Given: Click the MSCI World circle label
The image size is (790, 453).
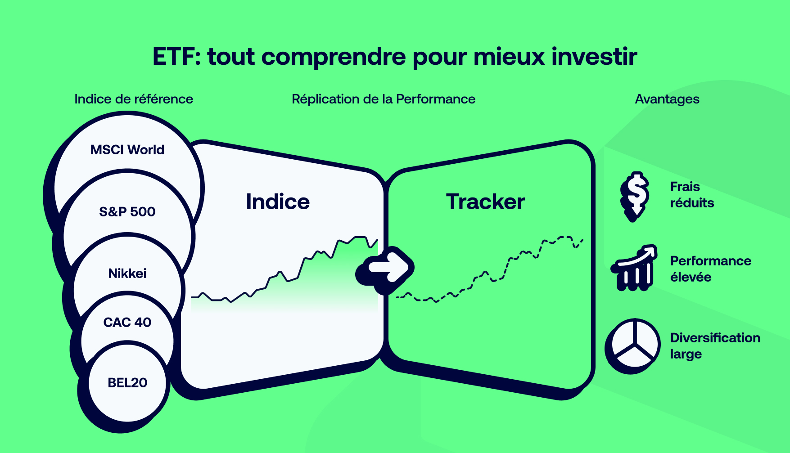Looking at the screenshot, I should (x=127, y=150).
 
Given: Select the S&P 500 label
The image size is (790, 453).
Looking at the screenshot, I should (x=127, y=211).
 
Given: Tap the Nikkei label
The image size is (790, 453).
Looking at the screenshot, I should (x=127, y=273).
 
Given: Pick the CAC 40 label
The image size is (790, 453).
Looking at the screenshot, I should (x=127, y=322).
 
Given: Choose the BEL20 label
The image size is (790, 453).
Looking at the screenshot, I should (x=127, y=382).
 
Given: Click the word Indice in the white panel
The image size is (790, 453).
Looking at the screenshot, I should (x=278, y=202).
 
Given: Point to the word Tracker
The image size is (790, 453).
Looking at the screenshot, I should (x=485, y=202).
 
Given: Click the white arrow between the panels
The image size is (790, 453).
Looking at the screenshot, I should (x=388, y=268).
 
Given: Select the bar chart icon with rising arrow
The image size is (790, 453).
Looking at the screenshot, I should (x=634, y=268).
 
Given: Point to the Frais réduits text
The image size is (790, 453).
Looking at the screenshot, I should (x=692, y=195).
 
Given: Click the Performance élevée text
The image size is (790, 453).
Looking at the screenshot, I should (x=710, y=269).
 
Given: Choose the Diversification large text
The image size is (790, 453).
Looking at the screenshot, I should (x=715, y=345).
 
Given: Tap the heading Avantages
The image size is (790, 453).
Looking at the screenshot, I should (x=667, y=99).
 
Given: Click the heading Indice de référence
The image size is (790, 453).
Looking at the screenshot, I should (x=134, y=99).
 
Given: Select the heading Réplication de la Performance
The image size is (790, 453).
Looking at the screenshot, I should (x=384, y=99).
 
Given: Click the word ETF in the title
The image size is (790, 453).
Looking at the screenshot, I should (x=173, y=57).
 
